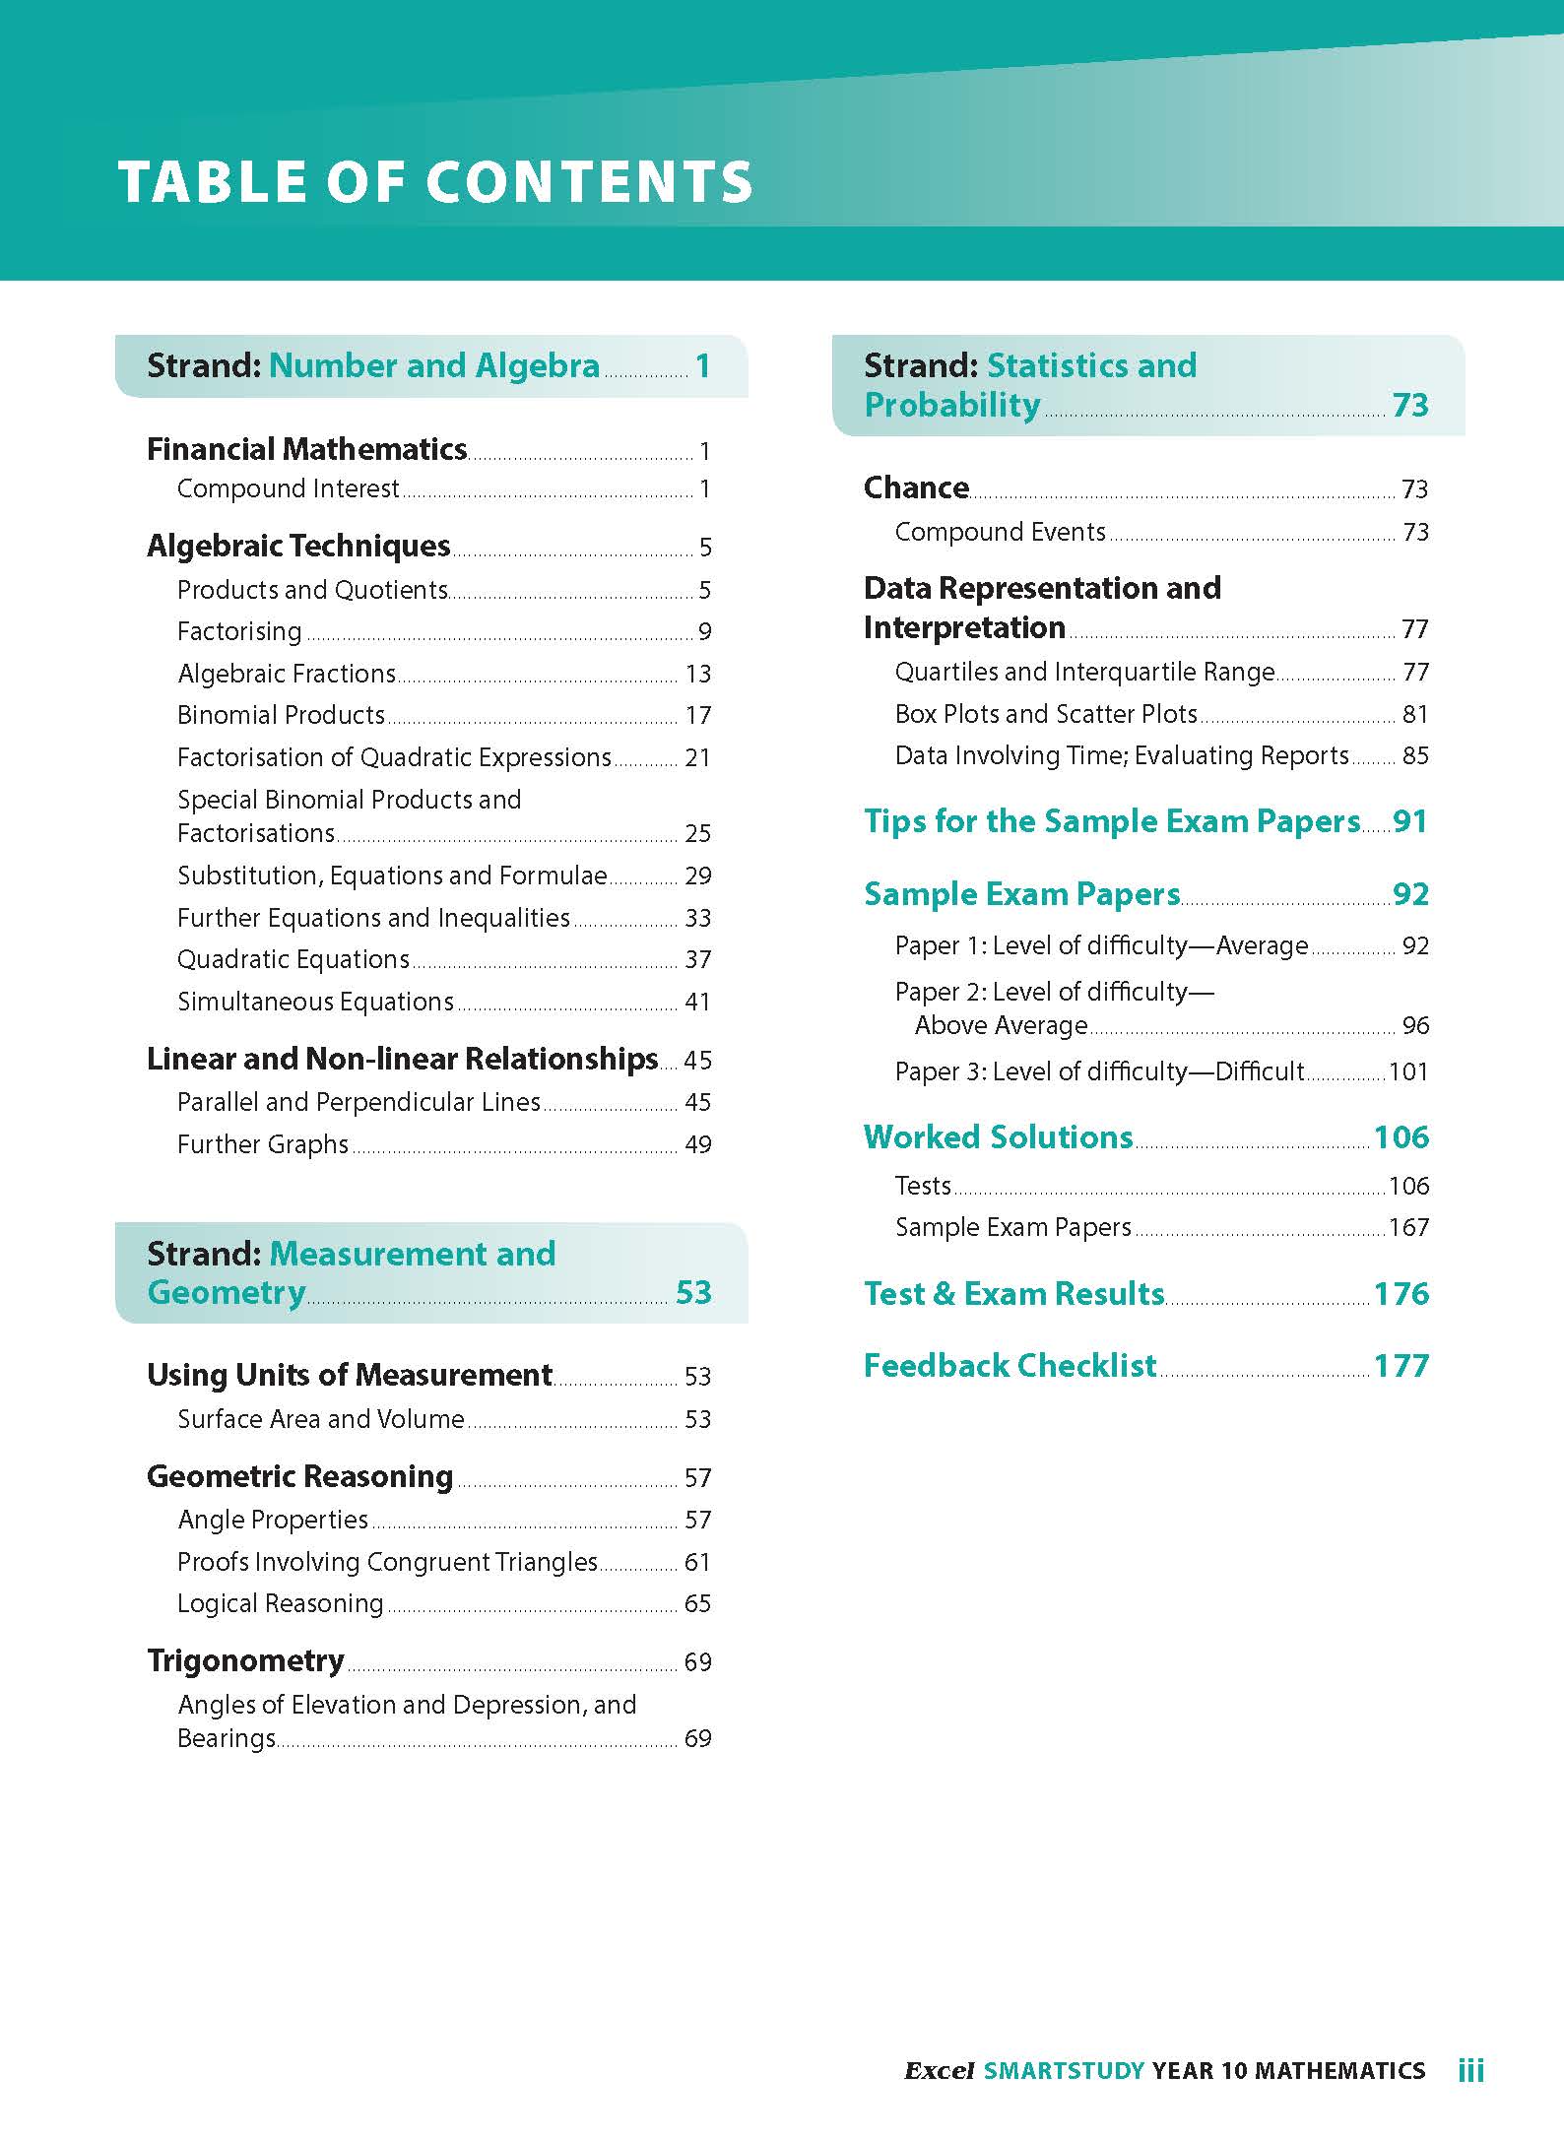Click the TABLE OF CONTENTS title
point(434,182)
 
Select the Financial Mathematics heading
point(306,450)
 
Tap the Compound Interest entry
point(288,488)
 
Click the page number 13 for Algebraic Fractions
point(697,675)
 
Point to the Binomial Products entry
point(281,715)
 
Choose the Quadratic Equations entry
point(293,959)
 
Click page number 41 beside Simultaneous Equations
point(697,1003)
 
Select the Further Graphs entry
point(262,1144)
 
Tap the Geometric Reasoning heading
point(299,1476)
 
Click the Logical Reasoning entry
point(280,1603)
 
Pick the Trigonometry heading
point(245,1660)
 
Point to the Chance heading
point(916,487)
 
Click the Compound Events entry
point(1000,532)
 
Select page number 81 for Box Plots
point(1414,714)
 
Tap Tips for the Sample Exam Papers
point(1112,821)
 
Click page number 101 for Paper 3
point(1407,1071)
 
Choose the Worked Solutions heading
point(998,1137)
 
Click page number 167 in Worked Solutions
point(1407,1228)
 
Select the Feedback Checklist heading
point(1010,1366)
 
